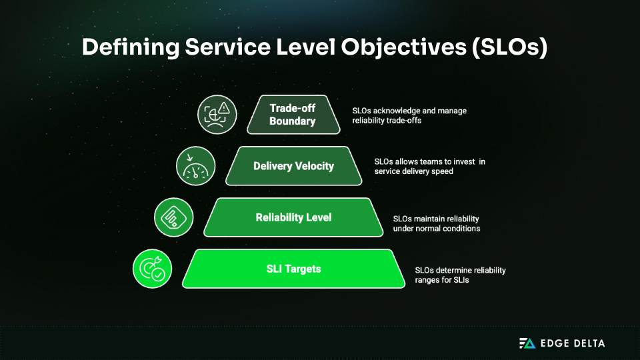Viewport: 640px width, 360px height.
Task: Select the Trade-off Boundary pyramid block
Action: click(x=292, y=114)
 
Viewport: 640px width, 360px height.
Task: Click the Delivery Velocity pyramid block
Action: click(x=293, y=166)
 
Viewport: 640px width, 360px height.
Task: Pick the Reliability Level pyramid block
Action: click(x=293, y=217)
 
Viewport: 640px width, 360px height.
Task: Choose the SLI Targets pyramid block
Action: click(x=293, y=269)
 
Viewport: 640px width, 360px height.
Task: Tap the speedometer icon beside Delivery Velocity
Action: click(x=195, y=166)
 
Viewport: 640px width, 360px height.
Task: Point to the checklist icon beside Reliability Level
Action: click(x=173, y=217)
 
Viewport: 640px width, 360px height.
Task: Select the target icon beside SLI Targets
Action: click(x=153, y=269)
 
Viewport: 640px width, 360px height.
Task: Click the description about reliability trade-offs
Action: click(x=409, y=116)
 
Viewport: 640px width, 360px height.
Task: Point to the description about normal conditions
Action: click(x=436, y=224)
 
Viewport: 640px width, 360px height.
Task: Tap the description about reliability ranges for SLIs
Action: click(x=460, y=275)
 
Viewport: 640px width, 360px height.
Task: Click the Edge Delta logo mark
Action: click(x=527, y=343)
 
